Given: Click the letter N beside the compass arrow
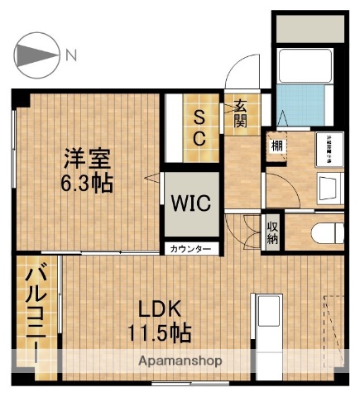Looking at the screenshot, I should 72,55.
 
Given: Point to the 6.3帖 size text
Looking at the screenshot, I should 87,182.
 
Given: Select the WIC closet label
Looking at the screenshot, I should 190,203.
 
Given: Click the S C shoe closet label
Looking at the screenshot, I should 200,128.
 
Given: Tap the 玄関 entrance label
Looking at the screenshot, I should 240,114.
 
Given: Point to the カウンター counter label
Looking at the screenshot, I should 191,249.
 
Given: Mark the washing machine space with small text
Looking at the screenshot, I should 328,147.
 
